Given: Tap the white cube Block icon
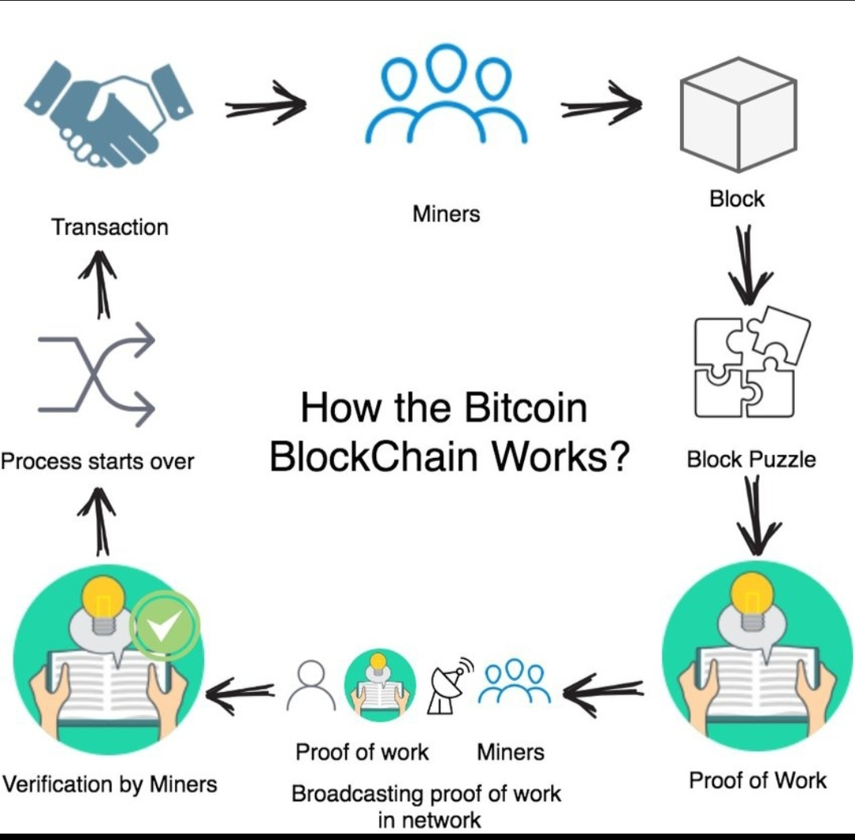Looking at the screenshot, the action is click(739, 115).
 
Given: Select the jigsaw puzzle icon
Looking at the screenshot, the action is click(752, 362).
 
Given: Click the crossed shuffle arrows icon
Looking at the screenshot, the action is click(97, 373).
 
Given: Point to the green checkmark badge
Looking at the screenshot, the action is click(164, 626).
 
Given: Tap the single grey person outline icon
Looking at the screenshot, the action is click(311, 685).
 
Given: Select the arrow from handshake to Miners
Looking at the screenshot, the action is click(266, 104).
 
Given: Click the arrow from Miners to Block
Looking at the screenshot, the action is click(602, 104).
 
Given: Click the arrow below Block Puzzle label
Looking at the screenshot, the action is click(757, 516).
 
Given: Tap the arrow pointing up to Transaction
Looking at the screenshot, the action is click(99, 285).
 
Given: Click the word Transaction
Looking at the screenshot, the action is click(109, 227).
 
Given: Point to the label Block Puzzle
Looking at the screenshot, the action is click(751, 460).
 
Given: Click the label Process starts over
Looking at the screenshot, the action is click(97, 461).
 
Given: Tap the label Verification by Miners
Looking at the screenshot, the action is click(110, 785).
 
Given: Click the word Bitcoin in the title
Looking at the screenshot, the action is click(526, 407).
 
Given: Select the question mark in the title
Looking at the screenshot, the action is click(619, 456).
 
